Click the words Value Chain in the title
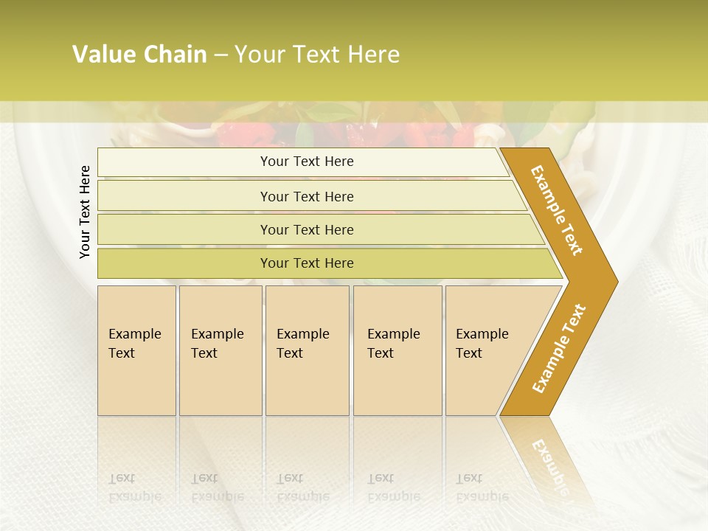[139, 55]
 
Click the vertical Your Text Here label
[85, 212]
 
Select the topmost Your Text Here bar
[307, 162]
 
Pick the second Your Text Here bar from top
[307, 196]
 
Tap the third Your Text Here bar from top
[307, 229]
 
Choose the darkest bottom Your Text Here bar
[307, 263]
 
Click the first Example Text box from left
[136, 350]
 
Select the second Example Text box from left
[220, 350]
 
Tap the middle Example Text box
[306, 350]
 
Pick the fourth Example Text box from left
[397, 350]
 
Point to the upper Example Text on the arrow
[557, 209]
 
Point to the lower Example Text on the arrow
[558, 348]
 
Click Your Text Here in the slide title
[317, 55]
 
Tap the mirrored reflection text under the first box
[134, 487]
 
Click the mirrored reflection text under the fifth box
[482, 487]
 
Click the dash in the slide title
[221, 55]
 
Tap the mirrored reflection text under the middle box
[302, 487]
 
